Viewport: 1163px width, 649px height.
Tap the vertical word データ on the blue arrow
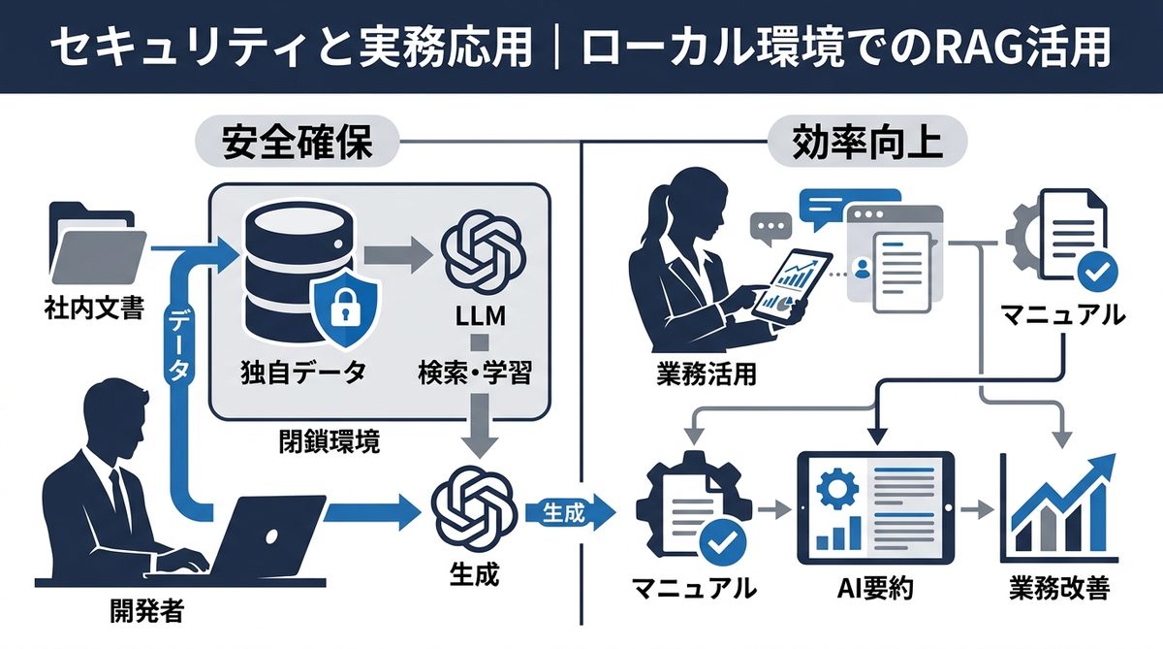point(182,343)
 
